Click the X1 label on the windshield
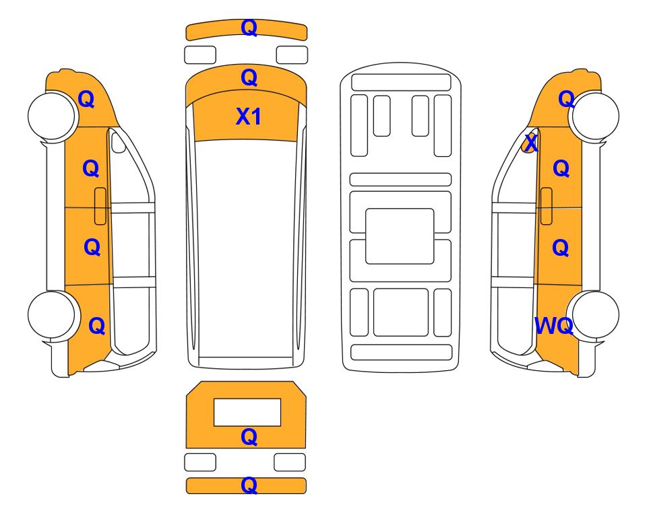coord(248,116)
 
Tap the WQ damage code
coord(554,326)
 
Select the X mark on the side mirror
coord(531,143)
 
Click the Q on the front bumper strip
coord(249,28)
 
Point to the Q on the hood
coord(249,77)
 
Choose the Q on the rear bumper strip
coord(249,485)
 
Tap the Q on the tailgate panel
coord(249,437)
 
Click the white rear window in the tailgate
coord(247,413)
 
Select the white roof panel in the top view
coord(246,248)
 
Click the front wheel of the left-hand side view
coord(52,116)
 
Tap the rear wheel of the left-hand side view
coord(52,315)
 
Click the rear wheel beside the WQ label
coord(595,315)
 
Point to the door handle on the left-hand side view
coord(100,206)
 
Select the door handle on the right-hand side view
coord(547,206)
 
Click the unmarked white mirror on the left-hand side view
coord(118,141)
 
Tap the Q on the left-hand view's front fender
coord(86,99)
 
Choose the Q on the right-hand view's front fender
coord(566,99)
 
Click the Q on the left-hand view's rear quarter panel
coord(97,326)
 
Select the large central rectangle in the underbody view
coord(400,236)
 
